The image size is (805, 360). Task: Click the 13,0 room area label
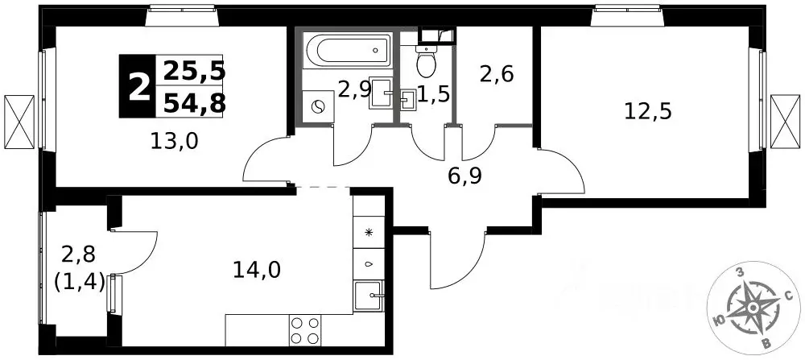(x=175, y=140)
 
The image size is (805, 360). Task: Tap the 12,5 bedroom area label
(x=648, y=111)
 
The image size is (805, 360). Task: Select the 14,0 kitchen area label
(x=257, y=270)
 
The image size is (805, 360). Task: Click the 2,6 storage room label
(x=497, y=75)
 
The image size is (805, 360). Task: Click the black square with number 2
(x=137, y=85)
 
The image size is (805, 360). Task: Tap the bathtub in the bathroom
(x=349, y=49)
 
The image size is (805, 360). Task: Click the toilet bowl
(x=426, y=60)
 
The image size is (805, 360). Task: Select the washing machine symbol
(x=318, y=107)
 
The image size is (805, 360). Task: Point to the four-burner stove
(x=305, y=329)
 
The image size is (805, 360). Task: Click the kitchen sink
(x=369, y=296)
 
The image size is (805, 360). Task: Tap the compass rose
(x=752, y=307)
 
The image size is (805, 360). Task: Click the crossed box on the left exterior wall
(x=19, y=121)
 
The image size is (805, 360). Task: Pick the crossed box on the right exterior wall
(x=786, y=121)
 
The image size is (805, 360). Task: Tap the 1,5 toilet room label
(x=434, y=94)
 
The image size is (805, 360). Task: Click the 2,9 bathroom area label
(x=354, y=90)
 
